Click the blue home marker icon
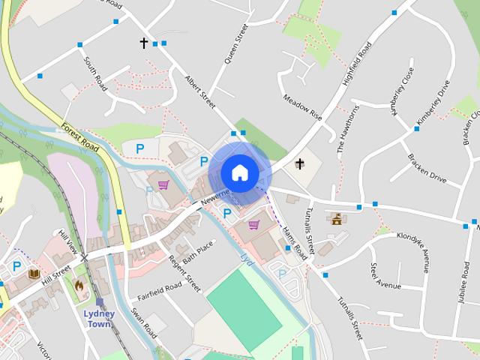click(x=239, y=172)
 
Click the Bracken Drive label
click(x=426, y=169)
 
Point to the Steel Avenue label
click(x=385, y=275)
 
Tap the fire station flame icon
click(x=79, y=286)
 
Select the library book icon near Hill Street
click(x=33, y=274)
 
